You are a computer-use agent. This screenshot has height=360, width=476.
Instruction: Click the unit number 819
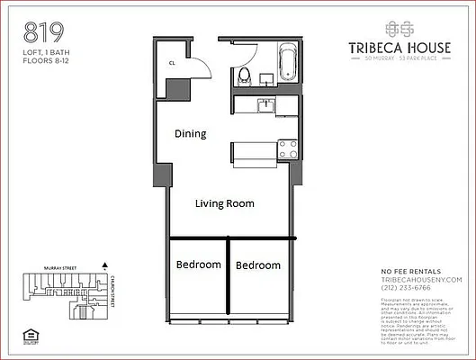(x=43, y=34)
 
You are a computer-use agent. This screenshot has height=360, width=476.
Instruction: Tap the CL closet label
(x=172, y=62)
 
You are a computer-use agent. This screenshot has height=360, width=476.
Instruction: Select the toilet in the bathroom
(x=243, y=76)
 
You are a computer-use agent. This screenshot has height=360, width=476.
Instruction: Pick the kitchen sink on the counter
(x=265, y=105)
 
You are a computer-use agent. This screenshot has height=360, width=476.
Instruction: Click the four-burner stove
(x=287, y=148)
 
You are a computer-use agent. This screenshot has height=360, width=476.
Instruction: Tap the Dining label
(x=190, y=134)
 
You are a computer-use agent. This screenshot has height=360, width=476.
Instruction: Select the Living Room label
(x=225, y=203)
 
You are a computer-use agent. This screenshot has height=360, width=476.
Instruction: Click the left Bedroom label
(x=198, y=265)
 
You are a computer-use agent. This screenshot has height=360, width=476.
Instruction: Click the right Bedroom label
(x=257, y=265)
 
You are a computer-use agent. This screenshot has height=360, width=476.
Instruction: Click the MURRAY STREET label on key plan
(x=61, y=267)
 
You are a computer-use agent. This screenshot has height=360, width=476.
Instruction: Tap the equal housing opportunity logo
(x=31, y=338)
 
